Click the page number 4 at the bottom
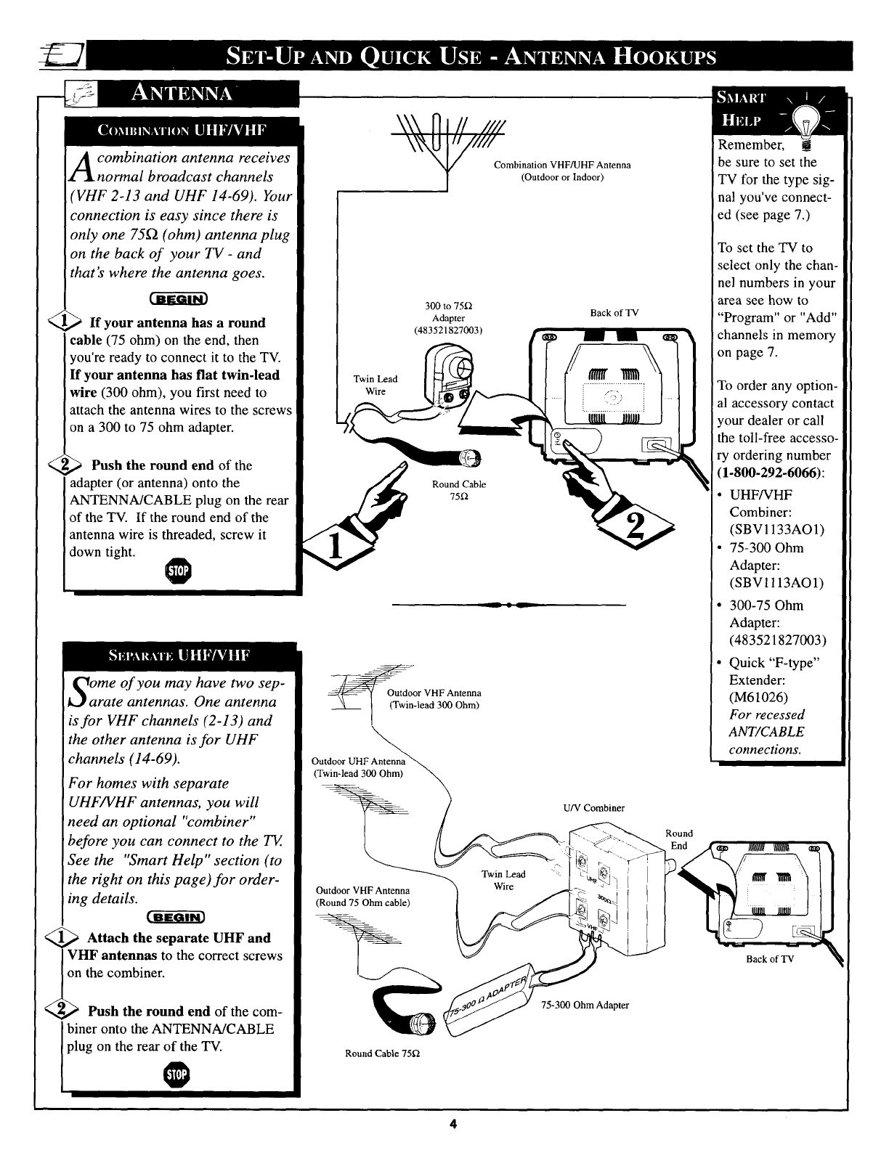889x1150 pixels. point(452,1125)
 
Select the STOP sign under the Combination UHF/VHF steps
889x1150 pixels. point(178,571)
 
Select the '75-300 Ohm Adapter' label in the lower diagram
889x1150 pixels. point(585,1005)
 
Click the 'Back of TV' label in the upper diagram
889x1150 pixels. point(614,313)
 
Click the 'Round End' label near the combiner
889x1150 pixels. point(679,839)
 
